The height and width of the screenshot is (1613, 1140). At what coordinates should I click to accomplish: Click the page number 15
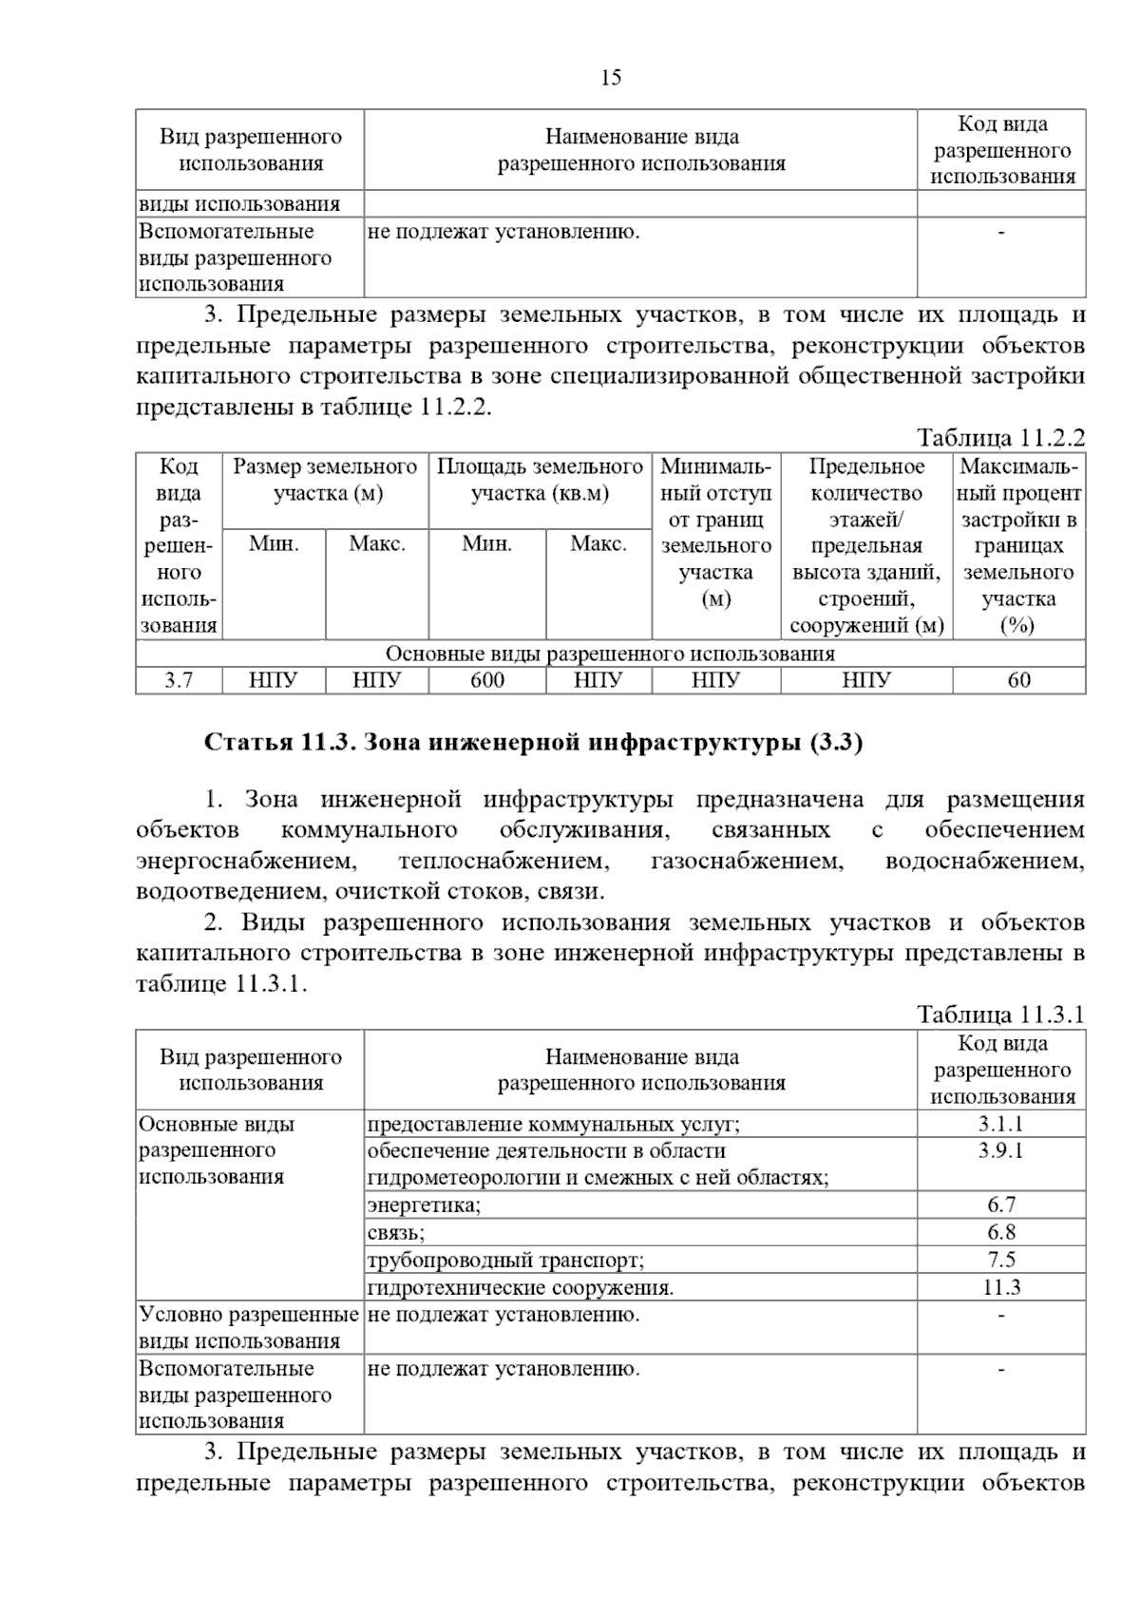click(611, 78)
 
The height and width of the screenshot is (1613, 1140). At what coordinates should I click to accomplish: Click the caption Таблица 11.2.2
click(1000, 438)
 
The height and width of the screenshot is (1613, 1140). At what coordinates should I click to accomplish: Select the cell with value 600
click(487, 680)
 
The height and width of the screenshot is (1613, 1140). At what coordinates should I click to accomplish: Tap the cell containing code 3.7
click(179, 680)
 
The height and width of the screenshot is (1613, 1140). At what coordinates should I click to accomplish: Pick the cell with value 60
click(1018, 680)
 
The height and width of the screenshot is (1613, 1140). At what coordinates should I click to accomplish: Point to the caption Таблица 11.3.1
click(1000, 1014)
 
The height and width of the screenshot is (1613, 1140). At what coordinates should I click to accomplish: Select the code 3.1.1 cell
click(1001, 1124)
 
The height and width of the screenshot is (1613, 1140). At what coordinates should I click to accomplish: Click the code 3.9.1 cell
click(1001, 1151)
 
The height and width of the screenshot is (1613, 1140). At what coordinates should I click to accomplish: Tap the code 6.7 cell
click(1001, 1205)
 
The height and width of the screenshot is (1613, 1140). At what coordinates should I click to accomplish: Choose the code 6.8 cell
click(1001, 1233)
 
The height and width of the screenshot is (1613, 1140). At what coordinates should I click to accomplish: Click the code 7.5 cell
click(1001, 1261)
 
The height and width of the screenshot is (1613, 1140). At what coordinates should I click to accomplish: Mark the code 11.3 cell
click(1001, 1288)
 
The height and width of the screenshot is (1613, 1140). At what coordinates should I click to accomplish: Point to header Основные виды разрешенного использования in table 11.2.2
click(610, 654)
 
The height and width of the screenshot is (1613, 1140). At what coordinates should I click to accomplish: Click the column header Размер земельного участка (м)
click(325, 480)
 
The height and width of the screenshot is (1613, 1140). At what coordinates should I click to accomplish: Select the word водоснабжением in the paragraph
click(984, 862)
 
